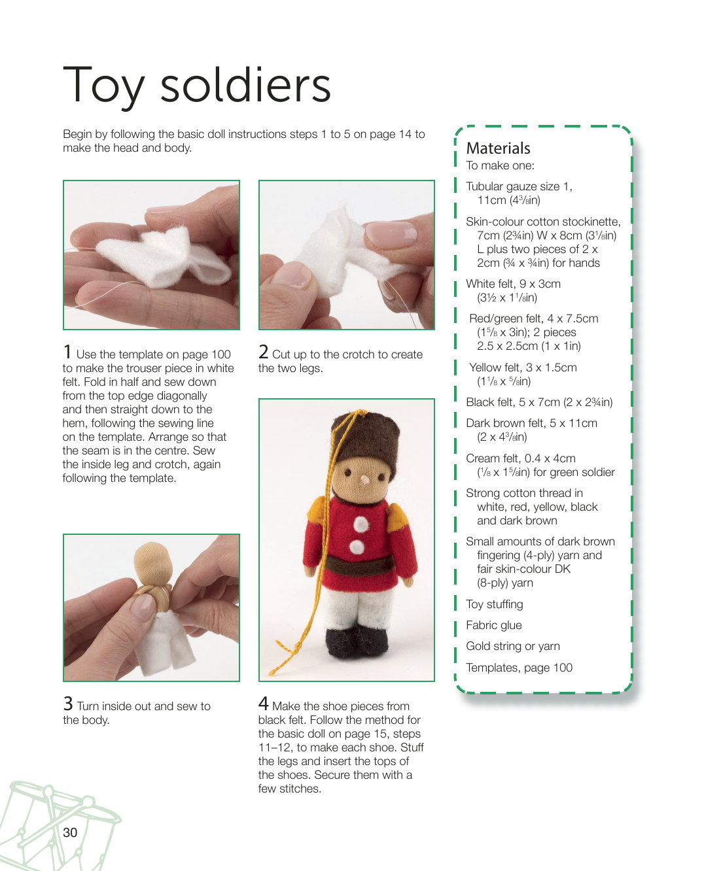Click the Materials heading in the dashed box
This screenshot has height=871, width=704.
coord(498,148)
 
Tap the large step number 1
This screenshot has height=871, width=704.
coord(67,352)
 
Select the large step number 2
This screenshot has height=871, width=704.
coord(264,352)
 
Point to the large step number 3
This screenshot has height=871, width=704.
coord(68,704)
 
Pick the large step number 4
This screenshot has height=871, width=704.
coord(264,704)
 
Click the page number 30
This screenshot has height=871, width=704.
coord(70,832)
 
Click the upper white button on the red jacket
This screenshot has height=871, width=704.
coord(361,524)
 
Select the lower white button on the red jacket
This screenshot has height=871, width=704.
coord(357,547)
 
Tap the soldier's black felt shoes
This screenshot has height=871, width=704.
coord(356,641)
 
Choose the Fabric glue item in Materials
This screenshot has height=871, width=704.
coord(494,625)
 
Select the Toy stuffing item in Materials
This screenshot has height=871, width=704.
coord(495,604)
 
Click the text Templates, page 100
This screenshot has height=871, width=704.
coord(519,668)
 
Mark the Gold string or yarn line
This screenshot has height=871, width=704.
coord(513,646)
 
